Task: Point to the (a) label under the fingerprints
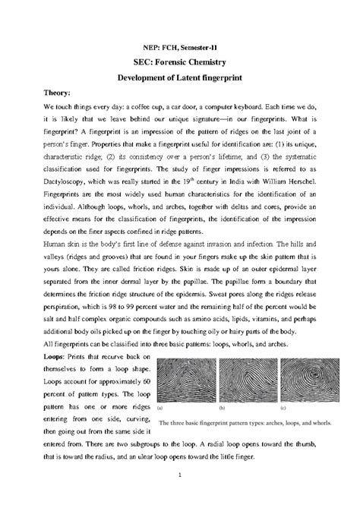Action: tap(162, 409)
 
